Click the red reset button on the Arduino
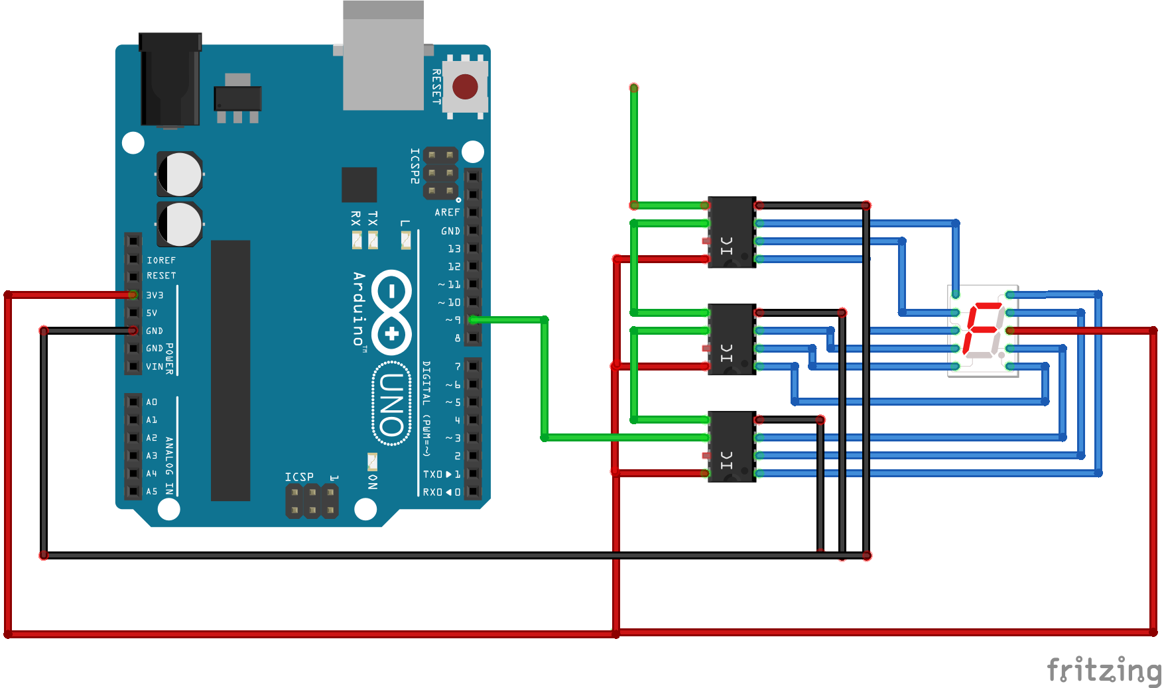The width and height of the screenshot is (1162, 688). coord(465,87)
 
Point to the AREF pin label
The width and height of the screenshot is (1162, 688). coord(447,212)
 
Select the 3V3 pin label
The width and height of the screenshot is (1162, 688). coord(155,295)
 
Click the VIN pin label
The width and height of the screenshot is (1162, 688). coord(154,367)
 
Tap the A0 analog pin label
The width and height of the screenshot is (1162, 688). coord(152,402)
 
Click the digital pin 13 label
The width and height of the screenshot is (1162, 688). coord(454,249)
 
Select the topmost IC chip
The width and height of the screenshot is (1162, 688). coord(732,232)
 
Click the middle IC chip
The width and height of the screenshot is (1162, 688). coord(732,339)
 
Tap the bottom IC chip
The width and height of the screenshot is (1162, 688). coord(732,447)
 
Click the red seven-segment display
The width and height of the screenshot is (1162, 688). coord(983,331)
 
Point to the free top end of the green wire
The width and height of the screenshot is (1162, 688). coord(634,88)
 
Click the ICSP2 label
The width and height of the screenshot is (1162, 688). coord(415,166)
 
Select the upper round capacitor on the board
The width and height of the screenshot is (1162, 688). coord(180,174)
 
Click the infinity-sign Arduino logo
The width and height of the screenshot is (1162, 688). coord(392,312)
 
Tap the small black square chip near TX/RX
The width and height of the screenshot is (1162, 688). coord(359,185)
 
